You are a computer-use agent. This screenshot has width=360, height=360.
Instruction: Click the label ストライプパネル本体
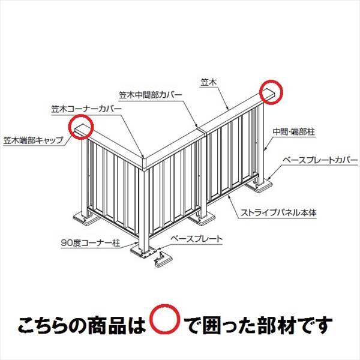point(277,212)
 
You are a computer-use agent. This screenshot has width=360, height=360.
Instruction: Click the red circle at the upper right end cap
point(271,91)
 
